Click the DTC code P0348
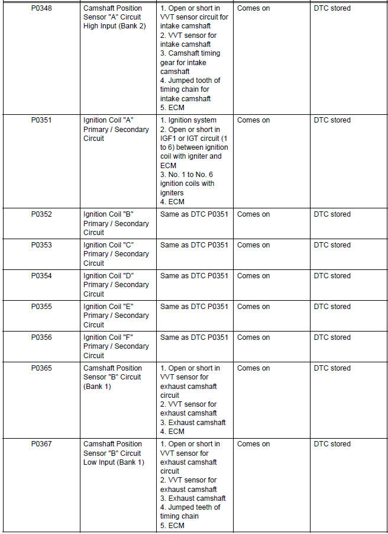coord(41,8)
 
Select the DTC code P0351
coord(41,120)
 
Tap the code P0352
coord(41,214)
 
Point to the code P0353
coord(41,245)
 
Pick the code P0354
coord(41,276)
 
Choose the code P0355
coord(41,307)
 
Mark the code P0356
coord(41,337)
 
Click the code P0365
coord(41,368)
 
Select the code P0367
coord(41,444)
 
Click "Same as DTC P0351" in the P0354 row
coord(194,276)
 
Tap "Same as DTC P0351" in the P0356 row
coord(194,337)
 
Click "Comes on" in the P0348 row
coord(253,8)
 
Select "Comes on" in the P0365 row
coord(253,368)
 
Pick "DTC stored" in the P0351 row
coord(332,120)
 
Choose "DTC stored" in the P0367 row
coord(332,444)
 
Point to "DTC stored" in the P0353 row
coord(332,245)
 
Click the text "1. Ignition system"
coord(188,120)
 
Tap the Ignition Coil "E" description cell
coord(116,316)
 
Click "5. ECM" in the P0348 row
coord(173,108)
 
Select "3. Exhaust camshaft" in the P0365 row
coord(193,423)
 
